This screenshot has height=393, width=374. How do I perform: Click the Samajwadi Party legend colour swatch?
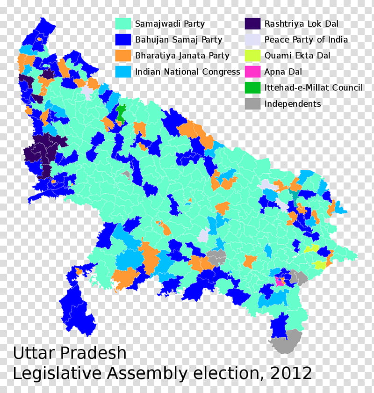click(124, 23)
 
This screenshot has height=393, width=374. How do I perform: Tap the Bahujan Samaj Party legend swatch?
click(124, 39)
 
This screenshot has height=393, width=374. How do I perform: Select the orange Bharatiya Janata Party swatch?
click(124, 55)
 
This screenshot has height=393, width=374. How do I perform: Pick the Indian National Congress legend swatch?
click(124, 72)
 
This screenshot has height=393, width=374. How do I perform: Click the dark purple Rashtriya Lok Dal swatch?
click(252, 23)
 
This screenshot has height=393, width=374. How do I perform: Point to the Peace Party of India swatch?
click(252, 39)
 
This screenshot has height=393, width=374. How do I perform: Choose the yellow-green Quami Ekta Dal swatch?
click(252, 55)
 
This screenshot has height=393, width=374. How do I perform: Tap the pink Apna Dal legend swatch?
click(252, 72)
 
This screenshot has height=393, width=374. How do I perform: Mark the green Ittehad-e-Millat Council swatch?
click(252, 87)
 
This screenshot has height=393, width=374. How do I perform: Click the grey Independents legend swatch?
click(252, 103)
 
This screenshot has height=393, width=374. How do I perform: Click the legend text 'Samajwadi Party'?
click(170, 23)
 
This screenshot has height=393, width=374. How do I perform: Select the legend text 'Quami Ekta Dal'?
click(297, 55)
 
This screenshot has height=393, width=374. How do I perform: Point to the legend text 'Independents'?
click(293, 103)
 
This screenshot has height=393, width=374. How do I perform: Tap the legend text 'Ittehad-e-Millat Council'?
click(313, 87)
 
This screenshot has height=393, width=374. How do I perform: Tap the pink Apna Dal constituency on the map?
click(280, 282)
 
